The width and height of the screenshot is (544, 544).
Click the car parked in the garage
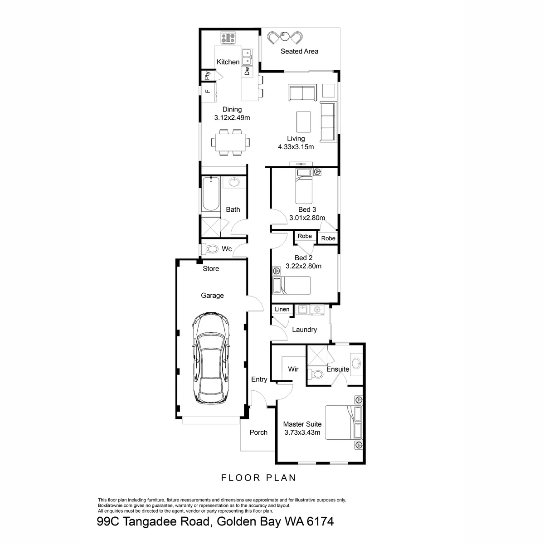pyautogui.click(x=211, y=358)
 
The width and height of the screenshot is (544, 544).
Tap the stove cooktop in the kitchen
pyautogui.click(x=228, y=38)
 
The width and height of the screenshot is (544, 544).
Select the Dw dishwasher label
pyautogui.click(x=247, y=71)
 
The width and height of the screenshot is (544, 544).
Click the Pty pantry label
pyautogui.click(x=207, y=75)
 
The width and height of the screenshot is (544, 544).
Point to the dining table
pyautogui.click(x=230, y=142)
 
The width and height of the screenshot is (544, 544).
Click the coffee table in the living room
pyautogui.click(x=303, y=121)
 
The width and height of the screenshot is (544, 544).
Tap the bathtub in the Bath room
pyautogui.click(x=211, y=194)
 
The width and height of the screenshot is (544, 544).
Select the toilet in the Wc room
pyautogui.click(x=212, y=249)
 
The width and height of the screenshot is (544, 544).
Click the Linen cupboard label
pyautogui.click(x=282, y=309)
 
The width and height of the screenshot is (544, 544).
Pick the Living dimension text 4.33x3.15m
pyautogui.click(x=296, y=147)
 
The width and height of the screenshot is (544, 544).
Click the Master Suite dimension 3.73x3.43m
pyautogui.click(x=302, y=432)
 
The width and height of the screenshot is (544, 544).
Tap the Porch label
pyautogui.click(x=258, y=432)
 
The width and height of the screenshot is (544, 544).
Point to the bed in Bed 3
pyautogui.click(x=304, y=186)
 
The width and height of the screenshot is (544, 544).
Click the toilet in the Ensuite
pyautogui.click(x=316, y=374)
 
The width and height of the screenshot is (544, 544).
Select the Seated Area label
pyautogui.click(x=299, y=51)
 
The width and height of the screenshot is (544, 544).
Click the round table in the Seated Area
pyautogui.click(x=284, y=36)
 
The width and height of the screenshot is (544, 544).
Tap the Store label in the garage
pyautogui.click(x=211, y=268)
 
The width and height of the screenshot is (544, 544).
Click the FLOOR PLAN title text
pyautogui.click(x=258, y=478)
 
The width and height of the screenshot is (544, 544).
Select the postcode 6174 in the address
pyautogui.click(x=320, y=521)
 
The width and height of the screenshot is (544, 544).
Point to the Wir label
pyautogui.click(x=293, y=369)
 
